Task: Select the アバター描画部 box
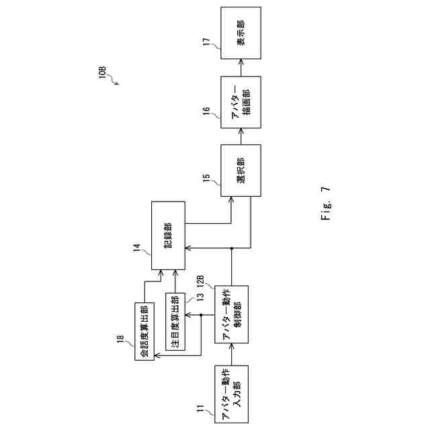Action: (x=241, y=104)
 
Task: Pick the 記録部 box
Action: (x=168, y=235)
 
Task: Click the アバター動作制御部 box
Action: (x=232, y=314)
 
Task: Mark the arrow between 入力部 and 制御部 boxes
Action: (x=232, y=354)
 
